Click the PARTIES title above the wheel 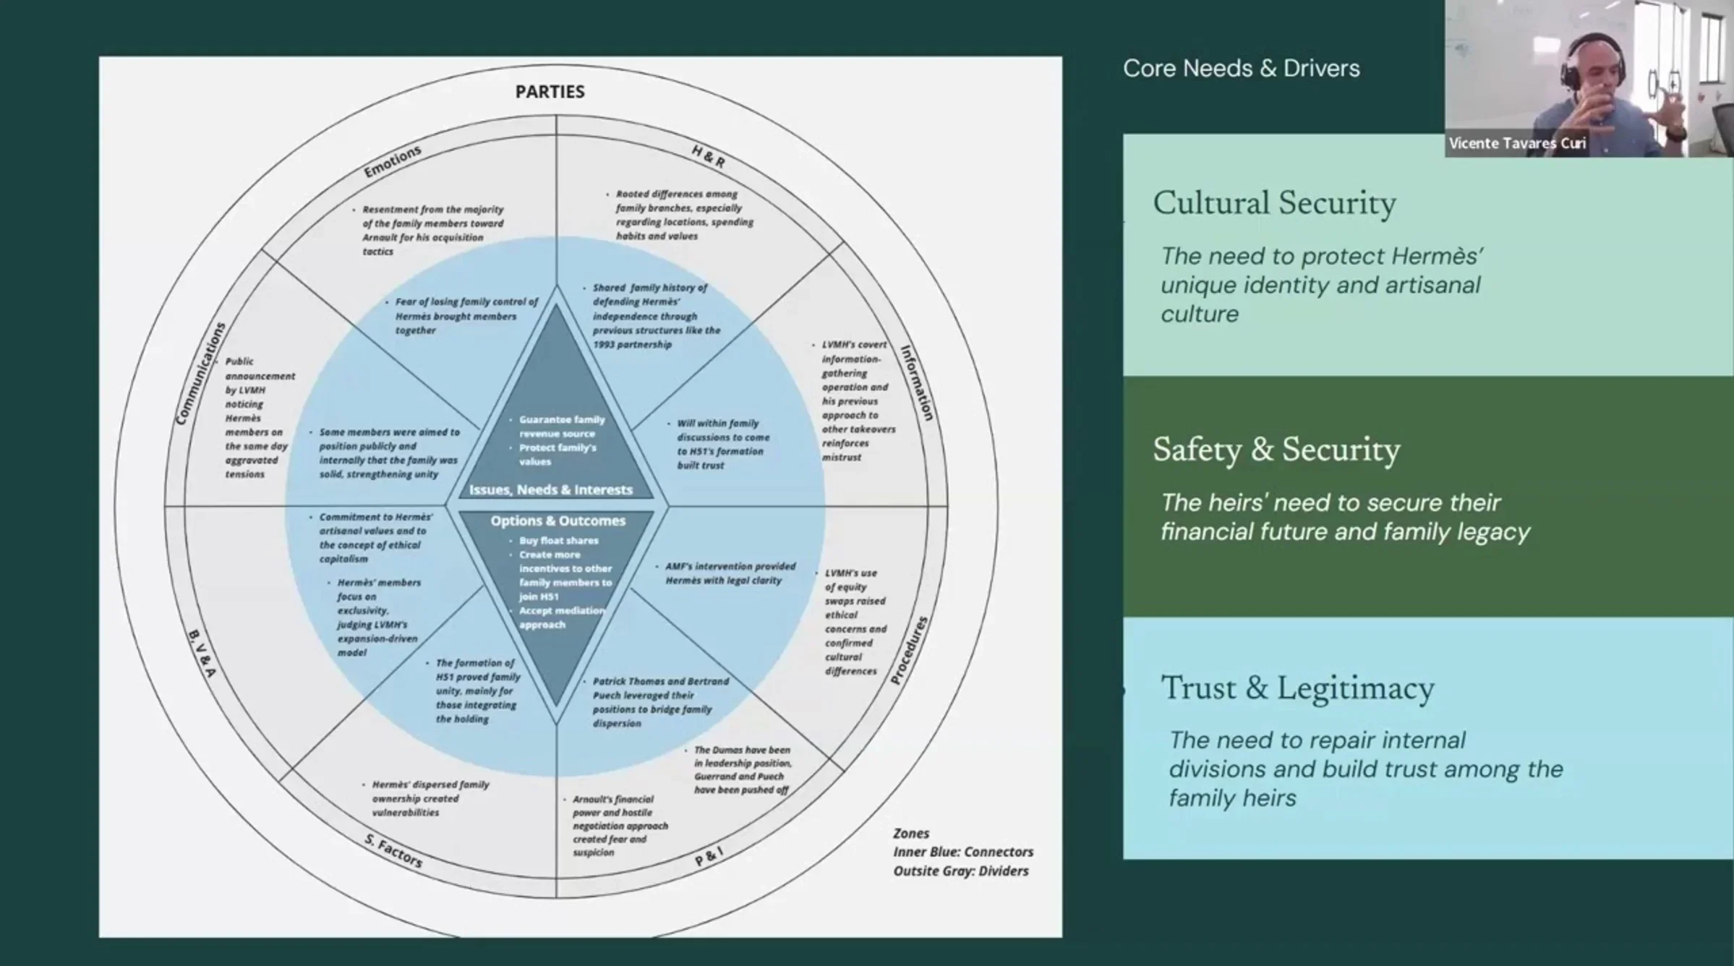[550, 92]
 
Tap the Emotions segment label [392, 161]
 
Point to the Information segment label [917, 382]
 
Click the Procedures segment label [909, 650]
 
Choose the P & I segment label [709, 857]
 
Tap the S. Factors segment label [393, 850]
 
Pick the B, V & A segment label [202, 654]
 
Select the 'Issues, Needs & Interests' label [551, 490]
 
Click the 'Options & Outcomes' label [558, 521]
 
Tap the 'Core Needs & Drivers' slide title [1241, 69]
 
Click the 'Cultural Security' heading [1274, 203]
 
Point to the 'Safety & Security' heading [1276, 450]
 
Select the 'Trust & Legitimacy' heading [1297, 688]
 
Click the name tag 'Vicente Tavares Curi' [1517, 143]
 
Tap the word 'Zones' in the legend [911, 833]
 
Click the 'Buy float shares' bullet [558, 540]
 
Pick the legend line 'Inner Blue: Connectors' [962, 852]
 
